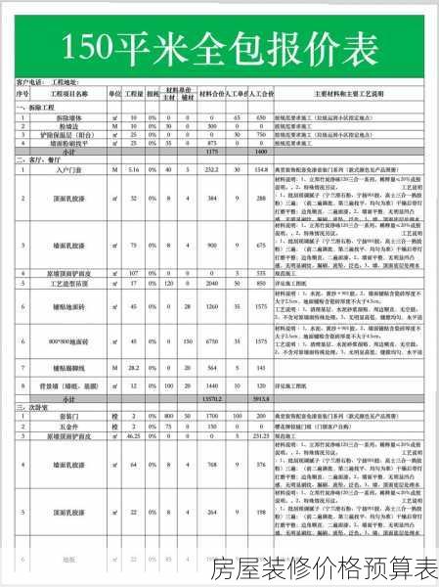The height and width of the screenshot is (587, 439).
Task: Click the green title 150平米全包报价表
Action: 219,46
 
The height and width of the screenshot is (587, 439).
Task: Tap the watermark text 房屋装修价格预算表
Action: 324,567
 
